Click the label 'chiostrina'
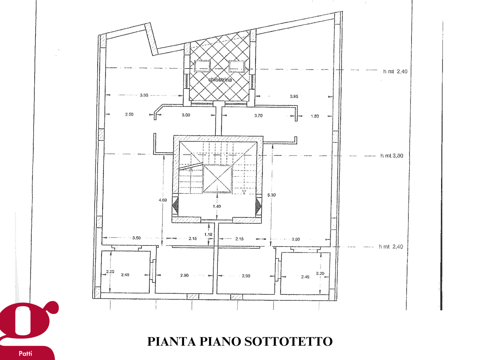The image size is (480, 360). click(x=220, y=80)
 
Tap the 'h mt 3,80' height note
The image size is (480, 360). click(x=392, y=156)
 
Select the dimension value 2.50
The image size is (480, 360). click(x=129, y=114)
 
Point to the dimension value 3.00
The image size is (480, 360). click(x=186, y=115)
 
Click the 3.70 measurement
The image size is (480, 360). click(x=259, y=116)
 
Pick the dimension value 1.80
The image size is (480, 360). click(x=315, y=116)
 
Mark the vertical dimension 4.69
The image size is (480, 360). click(x=163, y=200)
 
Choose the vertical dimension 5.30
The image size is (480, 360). click(x=272, y=195)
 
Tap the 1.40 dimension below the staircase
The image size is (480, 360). click(x=217, y=206)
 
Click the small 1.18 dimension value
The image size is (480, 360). click(x=208, y=235)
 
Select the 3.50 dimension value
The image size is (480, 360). click(x=136, y=238)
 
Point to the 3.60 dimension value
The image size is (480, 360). click(x=296, y=239)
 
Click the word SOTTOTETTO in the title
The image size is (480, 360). click(x=289, y=341)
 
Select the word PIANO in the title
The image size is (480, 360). click(x=220, y=341)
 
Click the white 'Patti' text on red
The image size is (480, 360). click(x=25, y=353)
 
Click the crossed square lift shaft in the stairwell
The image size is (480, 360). click(x=217, y=179)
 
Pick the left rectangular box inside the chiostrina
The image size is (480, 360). click(x=202, y=66)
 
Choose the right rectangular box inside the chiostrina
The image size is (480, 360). click(x=237, y=66)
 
